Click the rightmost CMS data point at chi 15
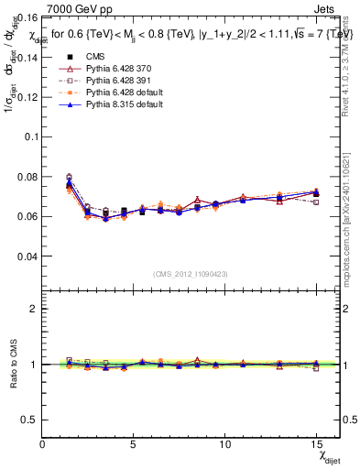[316, 194]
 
